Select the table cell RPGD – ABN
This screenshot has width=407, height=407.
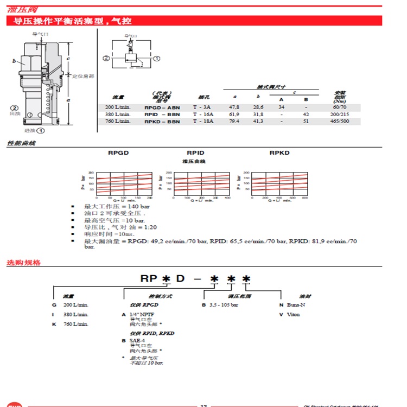tap(162, 107)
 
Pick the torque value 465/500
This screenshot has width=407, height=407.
tap(340, 121)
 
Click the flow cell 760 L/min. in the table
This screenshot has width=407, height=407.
tap(118, 121)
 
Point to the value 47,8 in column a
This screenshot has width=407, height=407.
tap(234, 107)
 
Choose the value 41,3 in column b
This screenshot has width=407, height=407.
tap(258, 121)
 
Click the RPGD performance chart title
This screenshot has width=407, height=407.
tap(119, 153)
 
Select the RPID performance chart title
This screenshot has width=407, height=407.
tap(195, 153)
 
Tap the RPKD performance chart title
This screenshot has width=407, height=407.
tap(279, 153)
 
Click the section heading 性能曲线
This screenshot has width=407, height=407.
tap(21, 143)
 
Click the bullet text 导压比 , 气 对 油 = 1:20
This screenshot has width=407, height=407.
tap(120, 227)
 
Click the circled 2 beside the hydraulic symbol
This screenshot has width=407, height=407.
tap(107, 58)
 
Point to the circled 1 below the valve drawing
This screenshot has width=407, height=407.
tap(40, 130)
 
